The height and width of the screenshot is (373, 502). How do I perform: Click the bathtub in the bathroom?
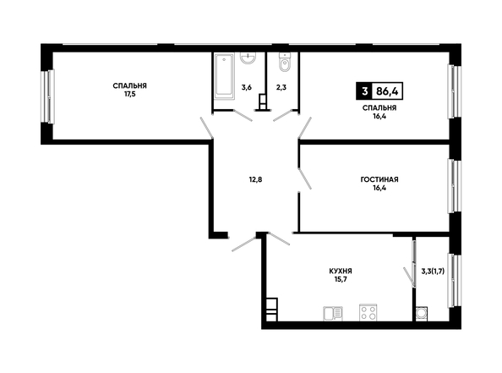click(224, 76)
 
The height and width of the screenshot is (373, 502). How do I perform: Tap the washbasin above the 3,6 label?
click(248, 58)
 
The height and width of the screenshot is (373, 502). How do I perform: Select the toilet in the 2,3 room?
click(284, 62)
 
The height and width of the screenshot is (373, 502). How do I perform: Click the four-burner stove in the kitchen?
click(368, 312)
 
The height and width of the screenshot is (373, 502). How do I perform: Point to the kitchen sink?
click(333, 314)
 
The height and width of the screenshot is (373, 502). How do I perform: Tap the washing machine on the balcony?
click(422, 314)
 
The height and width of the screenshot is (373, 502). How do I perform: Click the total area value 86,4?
click(387, 91)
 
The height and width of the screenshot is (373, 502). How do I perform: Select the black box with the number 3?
click(364, 91)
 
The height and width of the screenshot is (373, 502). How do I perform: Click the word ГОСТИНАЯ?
click(379, 179)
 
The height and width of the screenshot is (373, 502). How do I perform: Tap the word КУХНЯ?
click(341, 272)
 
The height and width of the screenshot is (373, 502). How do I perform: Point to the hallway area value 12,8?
click(255, 179)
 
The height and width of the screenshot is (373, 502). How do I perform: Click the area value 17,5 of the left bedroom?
click(130, 94)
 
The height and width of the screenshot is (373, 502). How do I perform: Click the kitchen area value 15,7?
click(341, 279)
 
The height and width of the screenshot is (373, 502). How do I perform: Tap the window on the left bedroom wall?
click(47, 96)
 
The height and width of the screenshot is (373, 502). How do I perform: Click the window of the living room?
click(455, 186)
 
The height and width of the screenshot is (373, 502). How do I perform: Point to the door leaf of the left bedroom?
click(206, 128)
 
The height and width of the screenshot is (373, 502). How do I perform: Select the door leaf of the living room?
click(304, 178)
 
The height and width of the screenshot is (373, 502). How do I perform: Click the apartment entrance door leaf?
click(244, 244)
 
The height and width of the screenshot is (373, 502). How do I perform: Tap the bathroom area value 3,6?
click(246, 87)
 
